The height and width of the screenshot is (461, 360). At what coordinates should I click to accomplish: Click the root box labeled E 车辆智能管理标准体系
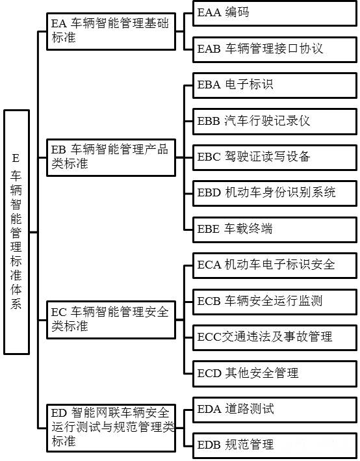[x=16, y=232]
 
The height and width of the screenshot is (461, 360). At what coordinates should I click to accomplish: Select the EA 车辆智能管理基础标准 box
[x=111, y=31]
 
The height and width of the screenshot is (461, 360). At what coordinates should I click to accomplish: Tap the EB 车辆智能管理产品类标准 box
[x=111, y=157]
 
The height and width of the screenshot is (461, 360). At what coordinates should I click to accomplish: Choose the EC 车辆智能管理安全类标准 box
[x=111, y=320]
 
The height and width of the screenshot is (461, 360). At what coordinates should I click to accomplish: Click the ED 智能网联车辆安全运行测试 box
[x=111, y=428]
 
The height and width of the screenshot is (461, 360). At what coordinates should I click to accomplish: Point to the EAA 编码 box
[x=275, y=13]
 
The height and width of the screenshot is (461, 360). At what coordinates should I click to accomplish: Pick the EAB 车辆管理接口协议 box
[x=275, y=49]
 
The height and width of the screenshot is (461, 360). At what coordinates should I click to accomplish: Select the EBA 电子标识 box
[x=275, y=85]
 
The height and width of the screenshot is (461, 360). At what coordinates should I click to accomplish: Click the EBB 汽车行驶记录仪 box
[x=275, y=122]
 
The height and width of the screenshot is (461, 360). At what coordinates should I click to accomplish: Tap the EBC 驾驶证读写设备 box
[x=275, y=157]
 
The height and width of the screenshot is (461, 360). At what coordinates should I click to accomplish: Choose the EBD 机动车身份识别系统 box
[x=275, y=193]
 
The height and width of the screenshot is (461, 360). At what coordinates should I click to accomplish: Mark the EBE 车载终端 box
[x=275, y=230]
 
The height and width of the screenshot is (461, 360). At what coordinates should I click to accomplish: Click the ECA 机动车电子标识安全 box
[x=275, y=265]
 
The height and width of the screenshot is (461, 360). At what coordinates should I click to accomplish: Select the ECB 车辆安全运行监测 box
[x=275, y=302]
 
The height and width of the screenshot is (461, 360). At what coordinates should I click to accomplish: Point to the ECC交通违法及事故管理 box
[x=275, y=337]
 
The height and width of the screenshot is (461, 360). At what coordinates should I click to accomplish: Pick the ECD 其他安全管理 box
[x=275, y=374]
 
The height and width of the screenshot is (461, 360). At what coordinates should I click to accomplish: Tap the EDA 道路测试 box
[x=275, y=410]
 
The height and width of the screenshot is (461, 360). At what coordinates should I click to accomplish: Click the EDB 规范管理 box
[x=275, y=445]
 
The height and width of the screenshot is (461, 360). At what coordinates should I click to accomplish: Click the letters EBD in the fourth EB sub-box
[x=209, y=193]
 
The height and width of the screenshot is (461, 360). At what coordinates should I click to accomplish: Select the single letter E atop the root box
[x=16, y=158]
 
